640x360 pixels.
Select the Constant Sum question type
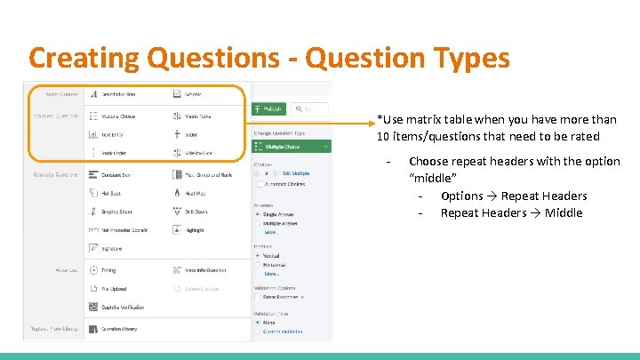coord(116,175)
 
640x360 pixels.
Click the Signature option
coord(112,249)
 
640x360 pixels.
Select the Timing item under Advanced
coord(108,270)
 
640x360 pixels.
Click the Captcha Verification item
coord(122,308)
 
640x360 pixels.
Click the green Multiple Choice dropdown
coord(292,146)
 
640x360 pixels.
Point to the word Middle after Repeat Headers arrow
coord(564,212)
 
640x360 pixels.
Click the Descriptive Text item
coord(119,94)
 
